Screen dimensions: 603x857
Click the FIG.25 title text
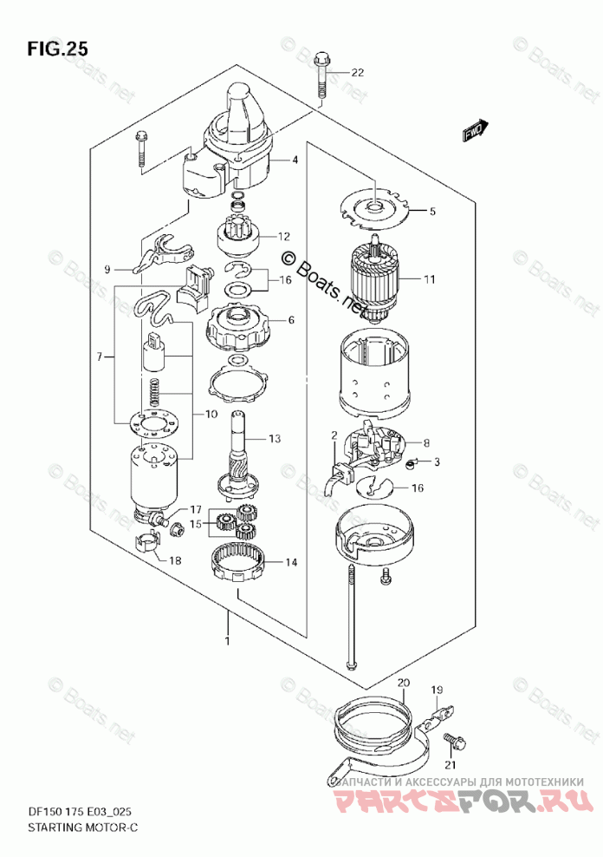point(57,49)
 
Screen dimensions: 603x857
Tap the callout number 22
point(358,72)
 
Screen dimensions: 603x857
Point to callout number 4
point(295,160)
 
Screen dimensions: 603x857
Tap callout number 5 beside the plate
point(432,210)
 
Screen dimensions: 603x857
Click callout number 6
point(291,320)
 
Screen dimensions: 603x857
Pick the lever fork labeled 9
point(159,256)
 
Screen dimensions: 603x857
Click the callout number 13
point(275,439)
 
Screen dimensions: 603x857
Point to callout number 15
point(196,523)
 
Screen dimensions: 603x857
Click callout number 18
point(176,561)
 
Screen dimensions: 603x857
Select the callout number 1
point(227,641)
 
